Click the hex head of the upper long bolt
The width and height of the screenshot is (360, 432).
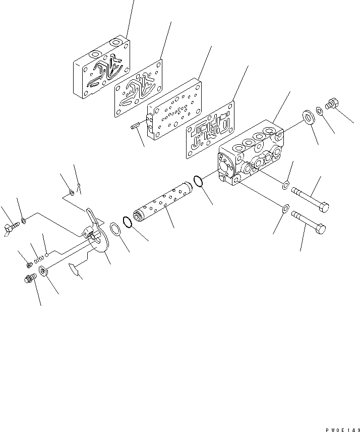coord(325,207)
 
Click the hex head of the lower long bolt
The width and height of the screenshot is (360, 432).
coord(320,231)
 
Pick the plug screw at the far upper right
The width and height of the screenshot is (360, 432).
coord(331,104)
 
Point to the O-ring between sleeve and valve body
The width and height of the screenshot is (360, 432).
coord(199,181)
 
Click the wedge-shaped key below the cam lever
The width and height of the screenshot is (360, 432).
coord(76,272)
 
